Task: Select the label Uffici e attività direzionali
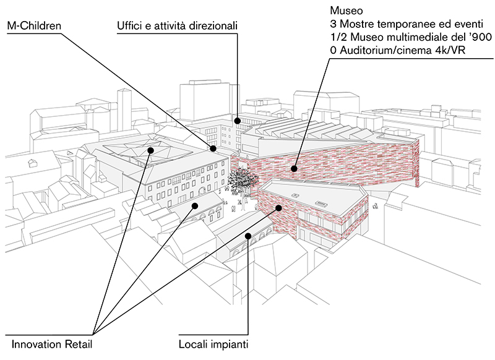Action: [177, 25]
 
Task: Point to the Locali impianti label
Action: [214, 342]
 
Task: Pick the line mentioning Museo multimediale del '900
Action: [410, 38]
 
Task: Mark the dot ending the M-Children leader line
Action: [213, 148]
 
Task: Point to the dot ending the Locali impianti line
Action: [248, 235]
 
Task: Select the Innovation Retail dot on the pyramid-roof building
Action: [150, 150]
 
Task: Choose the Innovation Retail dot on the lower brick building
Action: [279, 208]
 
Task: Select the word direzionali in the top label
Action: [215, 25]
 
